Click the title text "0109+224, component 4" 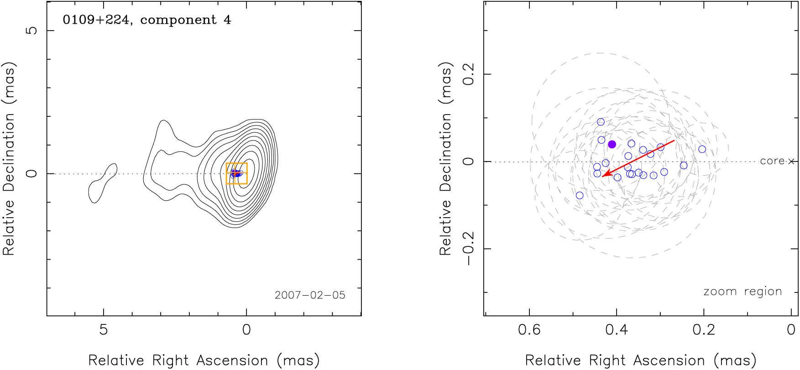(146, 20)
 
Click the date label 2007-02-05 (310, 295)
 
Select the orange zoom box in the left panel (236, 173)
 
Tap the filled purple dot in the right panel (612, 144)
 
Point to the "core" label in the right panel (772, 161)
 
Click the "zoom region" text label (742, 292)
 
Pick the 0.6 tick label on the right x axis (529, 329)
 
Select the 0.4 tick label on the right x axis (617, 329)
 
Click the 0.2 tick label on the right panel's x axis (704, 329)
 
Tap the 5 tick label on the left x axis (104, 329)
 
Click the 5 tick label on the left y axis (31, 31)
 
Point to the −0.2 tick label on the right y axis (469, 249)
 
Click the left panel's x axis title (204, 360)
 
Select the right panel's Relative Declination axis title (445, 158)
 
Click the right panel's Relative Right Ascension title (641, 360)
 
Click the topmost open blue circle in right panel (601, 122)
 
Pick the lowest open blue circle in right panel (580, 195)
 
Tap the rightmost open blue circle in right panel (702, 149)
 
